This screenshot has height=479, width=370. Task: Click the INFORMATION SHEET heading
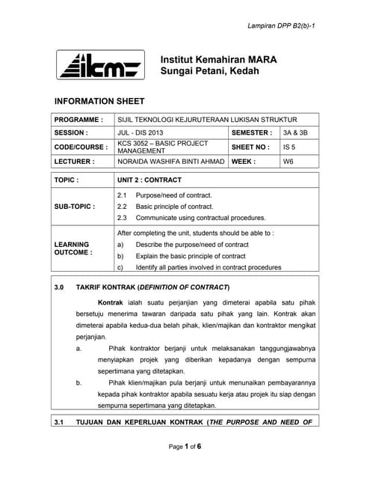pos(99,100)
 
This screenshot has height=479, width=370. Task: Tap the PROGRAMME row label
pos(78,120)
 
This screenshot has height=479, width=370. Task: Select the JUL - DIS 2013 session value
pos(141,132)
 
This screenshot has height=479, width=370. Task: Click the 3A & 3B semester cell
pos(295,132)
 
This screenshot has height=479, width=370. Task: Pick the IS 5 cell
pos(289,147)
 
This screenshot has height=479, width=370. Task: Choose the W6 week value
pos(289,161)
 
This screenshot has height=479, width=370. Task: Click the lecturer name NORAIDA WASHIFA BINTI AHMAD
pos(170,161)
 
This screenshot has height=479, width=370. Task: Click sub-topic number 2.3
pos(123,218)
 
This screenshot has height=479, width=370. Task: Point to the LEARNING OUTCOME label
pos(72,248)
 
